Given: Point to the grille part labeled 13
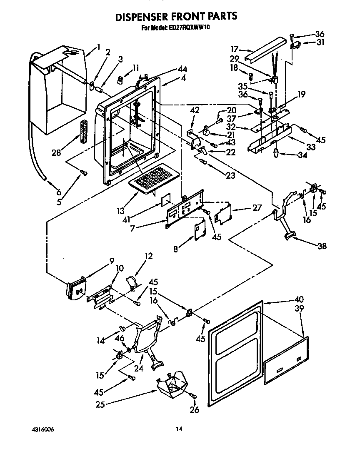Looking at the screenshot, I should click(151, 180).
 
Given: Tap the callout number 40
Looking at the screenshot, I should click(299, 299).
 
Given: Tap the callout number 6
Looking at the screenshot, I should click(59, 192).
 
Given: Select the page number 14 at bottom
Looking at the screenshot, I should click(179, 428).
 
